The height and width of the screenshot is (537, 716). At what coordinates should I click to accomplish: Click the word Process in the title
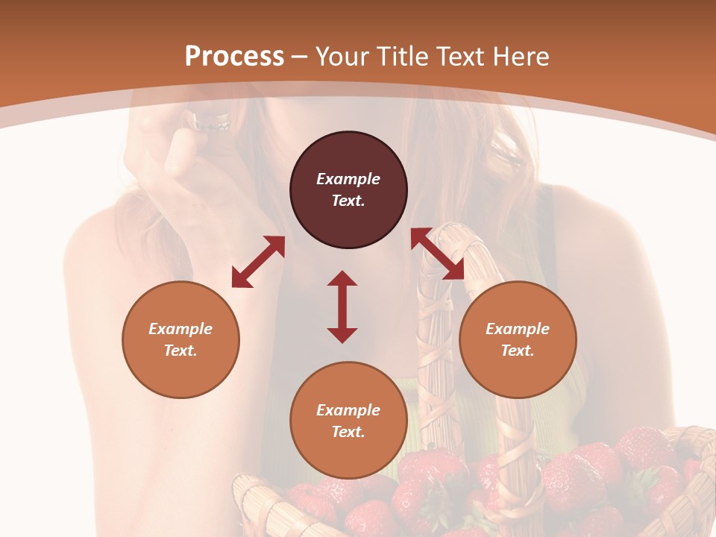click(234, 57)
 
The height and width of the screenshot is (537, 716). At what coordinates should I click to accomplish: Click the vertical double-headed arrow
click(342, 307)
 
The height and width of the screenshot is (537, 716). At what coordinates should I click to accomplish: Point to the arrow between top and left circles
click(258, 262)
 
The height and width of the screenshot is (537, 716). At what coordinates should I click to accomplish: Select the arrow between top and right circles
click(438, 254)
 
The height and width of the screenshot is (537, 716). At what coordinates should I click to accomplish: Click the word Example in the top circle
click(348, 179)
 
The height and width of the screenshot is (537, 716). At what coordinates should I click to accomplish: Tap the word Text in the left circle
click(180, 351)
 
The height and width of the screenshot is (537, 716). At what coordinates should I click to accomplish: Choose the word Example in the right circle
click(518, 329)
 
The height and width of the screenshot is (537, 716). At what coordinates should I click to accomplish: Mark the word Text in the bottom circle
click(348, 432)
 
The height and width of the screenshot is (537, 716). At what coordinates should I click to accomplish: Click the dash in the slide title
click(300, 57)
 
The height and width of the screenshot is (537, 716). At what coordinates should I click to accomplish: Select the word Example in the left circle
click(180, 329)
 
